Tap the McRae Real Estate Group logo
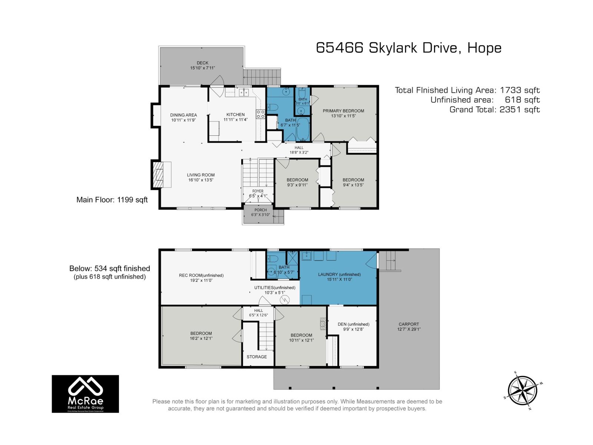(x=85, y=393)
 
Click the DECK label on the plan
(x=202, y=63)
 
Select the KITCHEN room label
(x=235, y=115)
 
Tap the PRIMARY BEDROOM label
(x=343, y=111)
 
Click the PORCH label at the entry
(x=261, y=210)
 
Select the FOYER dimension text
(x=258, y=196)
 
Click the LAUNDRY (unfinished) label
(x=339, y=274)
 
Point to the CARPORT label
(x=409, y=324)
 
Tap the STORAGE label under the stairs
(x=256, y=357)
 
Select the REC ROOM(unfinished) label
(x=201, y=275)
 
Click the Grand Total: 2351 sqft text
(x=494, y=109)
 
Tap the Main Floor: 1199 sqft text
(x=112, y=200)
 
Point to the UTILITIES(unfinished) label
(x=275, y=287)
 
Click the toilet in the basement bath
(x=274, y=258)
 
